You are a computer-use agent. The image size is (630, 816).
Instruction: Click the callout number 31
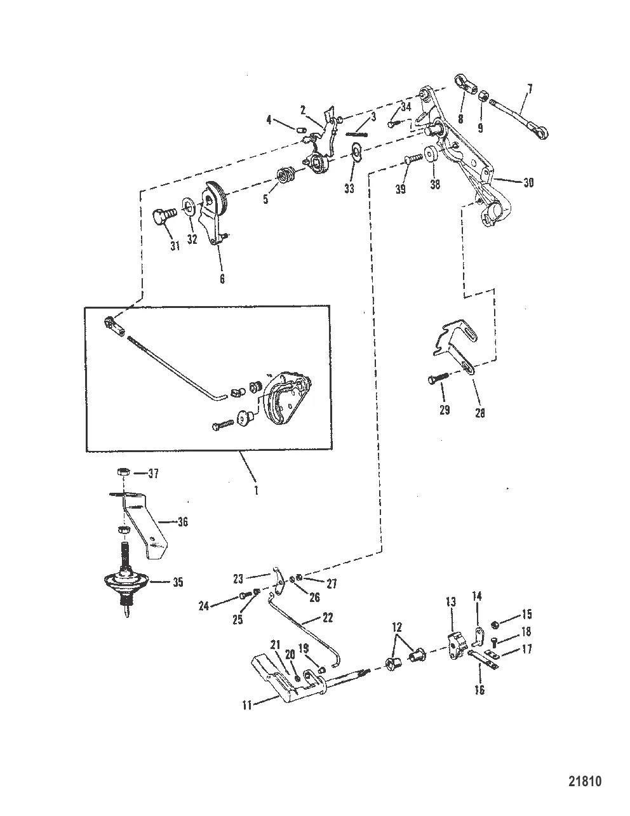click(x=175, y=246)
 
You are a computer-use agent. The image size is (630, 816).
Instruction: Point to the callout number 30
click(x=528, y=183)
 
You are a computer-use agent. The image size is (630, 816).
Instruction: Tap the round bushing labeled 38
click(x=434, y=154)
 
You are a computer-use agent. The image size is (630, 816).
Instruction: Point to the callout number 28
click(x=479, y=412)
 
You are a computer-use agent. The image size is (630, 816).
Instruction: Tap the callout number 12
click(x=398, y=627)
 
